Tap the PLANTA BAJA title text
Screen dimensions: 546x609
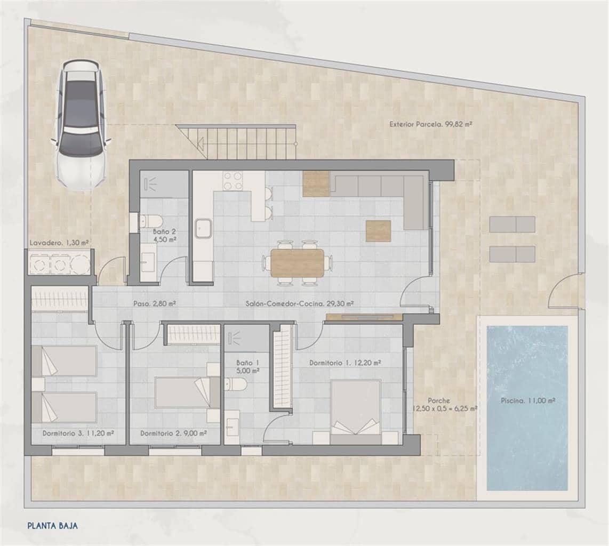tap(52, 525)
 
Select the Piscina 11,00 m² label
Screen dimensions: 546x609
tap(527, 400)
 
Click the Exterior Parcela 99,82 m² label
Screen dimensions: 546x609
tap(431, 124)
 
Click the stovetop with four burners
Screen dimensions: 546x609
tap(233, 180)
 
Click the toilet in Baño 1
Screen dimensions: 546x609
tap(235, 384)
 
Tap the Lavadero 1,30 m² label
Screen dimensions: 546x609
tap(59, 243)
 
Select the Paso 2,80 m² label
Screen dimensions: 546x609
tap(155, 303)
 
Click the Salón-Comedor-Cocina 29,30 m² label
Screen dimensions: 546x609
tap(300, 303)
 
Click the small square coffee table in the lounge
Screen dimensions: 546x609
tap(378, 230)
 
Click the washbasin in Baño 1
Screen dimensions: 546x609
tap(233, 427)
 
